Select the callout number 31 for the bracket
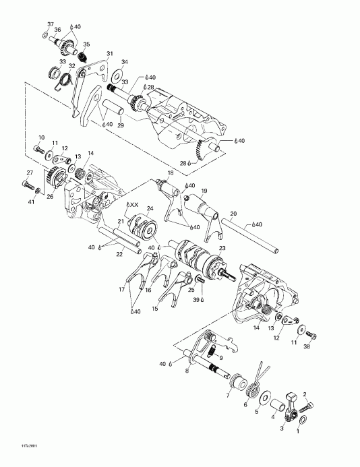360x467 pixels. pyautogui.click(x=110, y=55)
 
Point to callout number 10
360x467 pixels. pyautogui.click(x=41, y=137)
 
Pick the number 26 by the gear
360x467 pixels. pyautogui.click(x=50, y=197)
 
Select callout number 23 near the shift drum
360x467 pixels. pyautogui.click(x=222, y=248)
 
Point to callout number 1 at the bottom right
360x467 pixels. pyautogui.click(x=299, y=435)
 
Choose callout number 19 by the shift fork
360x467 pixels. pyautogui.click(x=204, y=191)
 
